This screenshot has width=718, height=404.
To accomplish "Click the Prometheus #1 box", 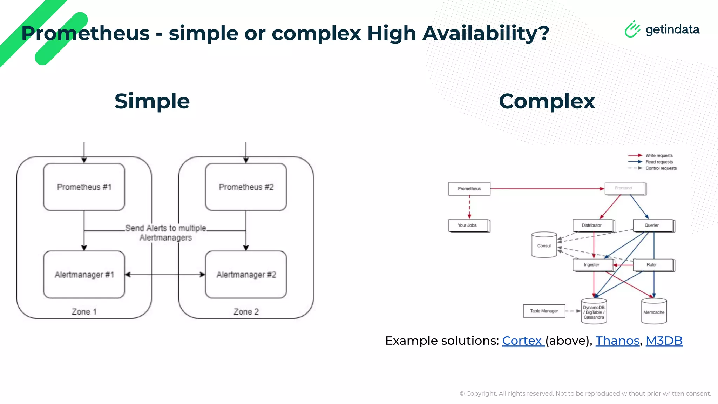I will coord(84,187).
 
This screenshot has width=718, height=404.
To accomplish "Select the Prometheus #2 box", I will coord(246,187).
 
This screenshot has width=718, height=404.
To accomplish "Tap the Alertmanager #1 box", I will coord(84,275).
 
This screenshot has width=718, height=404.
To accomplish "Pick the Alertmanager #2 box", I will coord(246,275).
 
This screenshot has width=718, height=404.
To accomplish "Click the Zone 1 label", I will coord(84,312).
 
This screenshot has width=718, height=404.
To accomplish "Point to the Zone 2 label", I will coord(246,312).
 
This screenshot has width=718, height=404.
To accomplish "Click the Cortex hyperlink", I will coord(522,341).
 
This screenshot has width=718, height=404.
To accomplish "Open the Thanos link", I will coord(617,341).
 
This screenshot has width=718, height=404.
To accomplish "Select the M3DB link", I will coord(664,341).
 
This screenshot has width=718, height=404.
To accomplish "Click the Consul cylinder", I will coord(544,245).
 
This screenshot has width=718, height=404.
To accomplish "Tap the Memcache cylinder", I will coord(654,312).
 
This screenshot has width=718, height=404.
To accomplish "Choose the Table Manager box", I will coord(544,311).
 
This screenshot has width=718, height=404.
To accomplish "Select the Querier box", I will coord(652,225).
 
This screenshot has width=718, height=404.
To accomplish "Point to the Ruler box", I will coord(652,265).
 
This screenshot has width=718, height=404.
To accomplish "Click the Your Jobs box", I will coord(468,225).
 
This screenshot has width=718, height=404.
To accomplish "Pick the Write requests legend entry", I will coord(659,155).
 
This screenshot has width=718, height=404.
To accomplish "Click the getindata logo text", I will coord(672,29).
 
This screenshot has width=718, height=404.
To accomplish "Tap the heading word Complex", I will coord(547,101).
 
